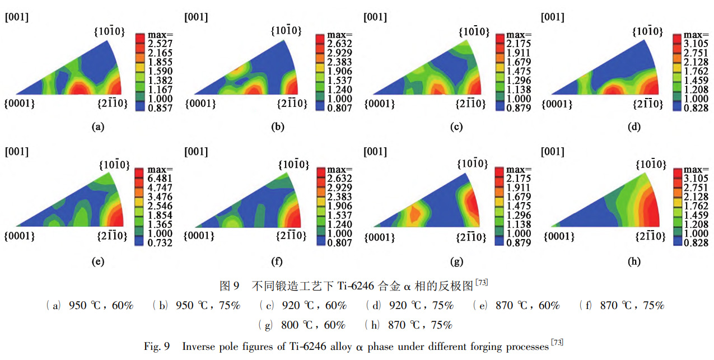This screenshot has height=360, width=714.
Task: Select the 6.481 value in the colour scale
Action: click(x=160, y=179)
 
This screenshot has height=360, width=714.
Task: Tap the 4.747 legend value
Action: click(x=160, y=188)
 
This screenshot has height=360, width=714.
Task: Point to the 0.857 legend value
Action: click(x=160, y=107)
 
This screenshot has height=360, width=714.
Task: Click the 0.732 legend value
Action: click(x=160, y=242)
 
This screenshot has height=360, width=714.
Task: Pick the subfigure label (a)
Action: click(x=98, y=127)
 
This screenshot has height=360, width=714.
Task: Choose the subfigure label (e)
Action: click(x=98, y=261)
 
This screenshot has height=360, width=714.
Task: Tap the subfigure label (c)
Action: click(x=456, y=127)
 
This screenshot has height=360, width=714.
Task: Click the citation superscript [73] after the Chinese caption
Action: click(x=481, y=283)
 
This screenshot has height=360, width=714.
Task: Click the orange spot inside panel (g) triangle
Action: click(x=415, y=213)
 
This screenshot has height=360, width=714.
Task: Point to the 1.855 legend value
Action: click(x=160, y=62)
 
